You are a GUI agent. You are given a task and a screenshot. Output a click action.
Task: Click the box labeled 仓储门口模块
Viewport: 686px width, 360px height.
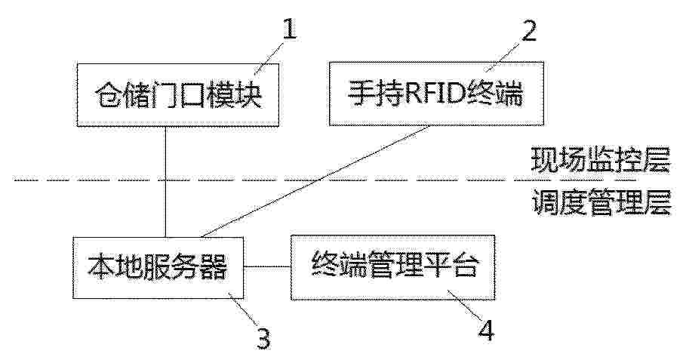pyautogui.click(x=177, y=95)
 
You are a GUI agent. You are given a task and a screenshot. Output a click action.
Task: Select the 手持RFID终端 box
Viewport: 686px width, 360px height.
pyautogui.click(x=436, y=94)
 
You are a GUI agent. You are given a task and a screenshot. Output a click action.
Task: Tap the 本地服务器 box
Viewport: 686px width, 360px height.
pyautogui.click(x=158, y=268)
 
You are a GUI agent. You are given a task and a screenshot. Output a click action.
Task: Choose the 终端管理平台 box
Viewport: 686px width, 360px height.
pyautogui.click(x=393, y=267)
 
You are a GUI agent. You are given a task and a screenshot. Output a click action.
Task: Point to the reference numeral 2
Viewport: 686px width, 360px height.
pyautogui.click(x=529, y=31)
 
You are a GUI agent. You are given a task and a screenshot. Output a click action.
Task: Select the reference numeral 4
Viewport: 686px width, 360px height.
pyautogui.click(x=486, y=331)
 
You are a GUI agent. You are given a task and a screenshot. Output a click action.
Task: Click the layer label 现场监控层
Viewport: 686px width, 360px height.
pyautogui.click(x=600, y=160)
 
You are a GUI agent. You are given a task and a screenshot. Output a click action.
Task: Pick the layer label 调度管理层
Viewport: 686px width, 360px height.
pyautogui.click(x=601, y=202)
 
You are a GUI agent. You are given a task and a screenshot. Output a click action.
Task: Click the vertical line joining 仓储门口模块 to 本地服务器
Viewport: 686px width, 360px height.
pyautogui.click(x=165, y=182)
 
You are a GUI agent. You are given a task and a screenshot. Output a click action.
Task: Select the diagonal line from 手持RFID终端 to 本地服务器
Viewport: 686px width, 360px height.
pyautogui.click(x=314, y=182)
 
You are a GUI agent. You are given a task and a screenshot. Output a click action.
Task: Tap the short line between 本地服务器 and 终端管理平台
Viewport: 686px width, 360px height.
pyautogui.click(x=267, y=266)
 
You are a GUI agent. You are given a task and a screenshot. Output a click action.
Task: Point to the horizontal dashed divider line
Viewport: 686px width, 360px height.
pyautogui.click(x=325, y=180)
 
